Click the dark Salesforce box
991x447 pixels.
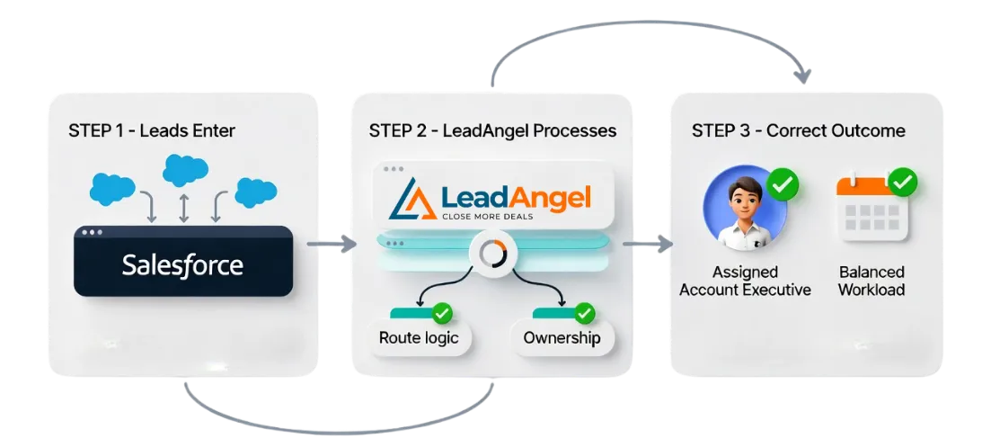tap(183, 262)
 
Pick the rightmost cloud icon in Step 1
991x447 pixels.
tap(255, 192)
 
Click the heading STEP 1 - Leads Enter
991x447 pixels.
tap(151, 130)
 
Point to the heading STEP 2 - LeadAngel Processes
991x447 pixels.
tap(492, 130)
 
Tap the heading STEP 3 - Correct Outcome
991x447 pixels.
tap(798, 130)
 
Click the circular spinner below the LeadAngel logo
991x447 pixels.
tap(492, 254)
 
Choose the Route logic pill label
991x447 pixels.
tap(419, 338)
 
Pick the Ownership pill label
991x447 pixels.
tap(562, 338)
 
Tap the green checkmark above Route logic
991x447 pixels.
tap(442, 313)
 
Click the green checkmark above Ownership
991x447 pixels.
tap(585, 313)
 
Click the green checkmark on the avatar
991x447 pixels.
tap(783, 186)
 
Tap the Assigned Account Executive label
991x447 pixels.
tap(745, 281)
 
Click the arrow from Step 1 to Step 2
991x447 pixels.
tap(325, 244)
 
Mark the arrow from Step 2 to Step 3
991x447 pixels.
tap(647, 243)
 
